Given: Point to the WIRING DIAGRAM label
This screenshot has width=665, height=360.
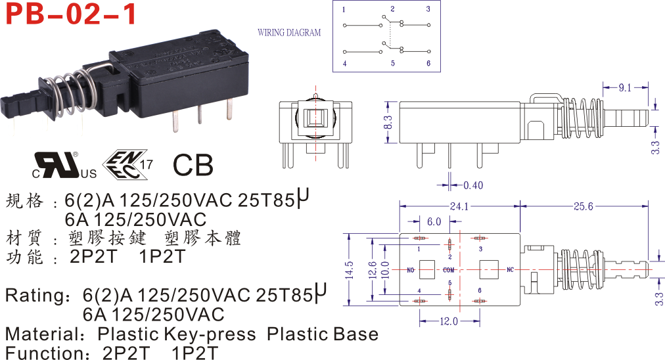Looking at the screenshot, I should [x=289, y=32].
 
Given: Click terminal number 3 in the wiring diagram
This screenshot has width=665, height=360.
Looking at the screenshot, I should [x=428, y=9].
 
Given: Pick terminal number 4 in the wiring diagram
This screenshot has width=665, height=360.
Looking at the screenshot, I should [x=344, y=64].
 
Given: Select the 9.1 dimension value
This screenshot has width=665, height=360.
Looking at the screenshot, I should [x=625, y=87].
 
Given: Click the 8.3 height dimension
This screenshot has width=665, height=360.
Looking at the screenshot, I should [x=388, y=122].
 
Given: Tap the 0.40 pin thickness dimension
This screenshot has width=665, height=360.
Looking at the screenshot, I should [x=472, y=185].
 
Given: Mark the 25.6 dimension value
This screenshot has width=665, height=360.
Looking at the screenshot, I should [x=583, y=206].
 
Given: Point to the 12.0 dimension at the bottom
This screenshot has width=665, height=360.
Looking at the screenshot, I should [x=449, y=322].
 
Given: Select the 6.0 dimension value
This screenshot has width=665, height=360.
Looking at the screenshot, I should [x=434, y=221].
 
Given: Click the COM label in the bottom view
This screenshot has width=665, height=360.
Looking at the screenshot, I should [x=449, y=270].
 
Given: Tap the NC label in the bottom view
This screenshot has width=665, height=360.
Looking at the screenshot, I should [x=509, y=270].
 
